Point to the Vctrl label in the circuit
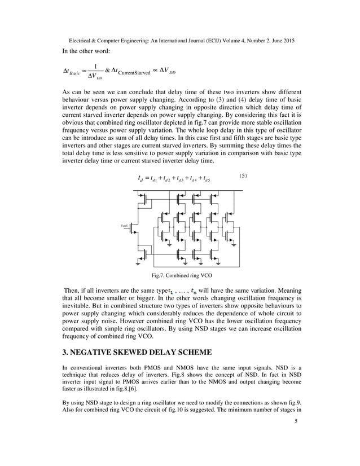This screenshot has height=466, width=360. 125,226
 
